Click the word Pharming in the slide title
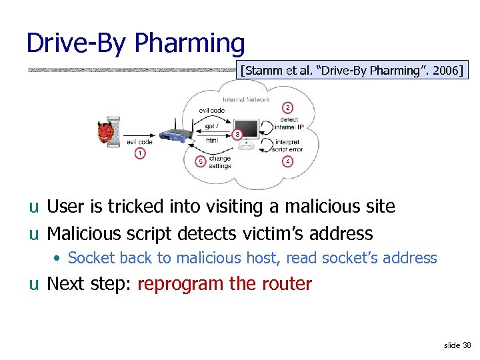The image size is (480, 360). [x=189, y=44]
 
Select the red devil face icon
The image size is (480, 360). [x=105, y=133]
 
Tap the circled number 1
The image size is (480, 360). [x=139, y=154]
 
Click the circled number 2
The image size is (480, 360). [x=287, y=108]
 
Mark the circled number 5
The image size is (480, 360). [x=201, y=161]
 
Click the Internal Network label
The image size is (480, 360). [x=246, y=99]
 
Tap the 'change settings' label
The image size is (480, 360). [x=220, y=163]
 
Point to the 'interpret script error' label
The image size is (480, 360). [x=287, y=145]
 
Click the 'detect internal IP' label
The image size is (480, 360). [x=289, y=123]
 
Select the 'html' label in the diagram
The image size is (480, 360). [x=211, y=141]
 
